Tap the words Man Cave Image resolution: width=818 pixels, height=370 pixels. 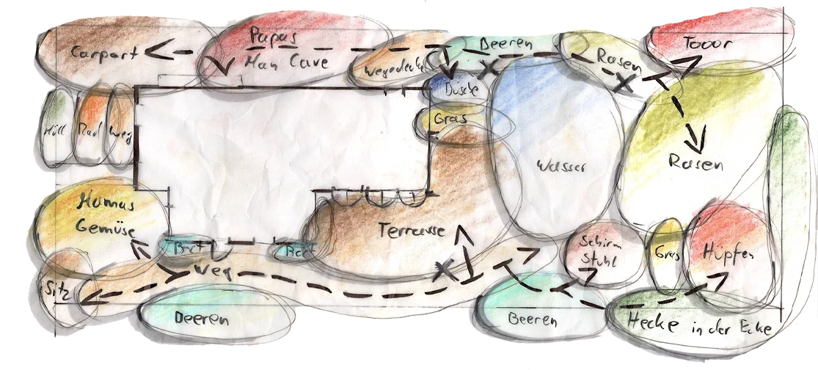point(288,63)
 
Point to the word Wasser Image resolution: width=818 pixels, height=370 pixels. point(561,166)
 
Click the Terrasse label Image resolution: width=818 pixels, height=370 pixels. point(412,230)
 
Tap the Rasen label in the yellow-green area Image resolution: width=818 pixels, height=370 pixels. point(695,162)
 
